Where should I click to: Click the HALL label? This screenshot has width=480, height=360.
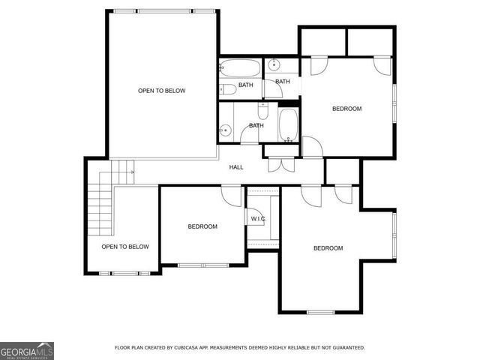click(235, 166)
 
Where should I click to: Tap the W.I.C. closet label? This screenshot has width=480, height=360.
click(258, 219)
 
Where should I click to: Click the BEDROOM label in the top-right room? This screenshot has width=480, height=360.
click(346, 109)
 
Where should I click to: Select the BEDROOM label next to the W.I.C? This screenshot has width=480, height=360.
click(202, 226)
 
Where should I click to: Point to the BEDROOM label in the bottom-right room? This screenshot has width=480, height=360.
click(328, 248)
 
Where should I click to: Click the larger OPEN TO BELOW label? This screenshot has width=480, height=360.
click(161, 91)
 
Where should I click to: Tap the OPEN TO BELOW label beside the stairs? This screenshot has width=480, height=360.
click(125, 247)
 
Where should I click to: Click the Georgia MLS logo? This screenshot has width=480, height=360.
click(27, 350)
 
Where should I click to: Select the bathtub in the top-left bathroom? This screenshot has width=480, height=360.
click(240, 69)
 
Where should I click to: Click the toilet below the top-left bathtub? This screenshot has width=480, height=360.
click(229, 89)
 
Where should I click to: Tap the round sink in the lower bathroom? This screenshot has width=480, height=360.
click(225, 132)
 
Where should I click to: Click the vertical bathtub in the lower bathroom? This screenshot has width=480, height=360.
click(288, 125)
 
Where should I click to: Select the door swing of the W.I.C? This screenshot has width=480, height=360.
click(253, 197)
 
